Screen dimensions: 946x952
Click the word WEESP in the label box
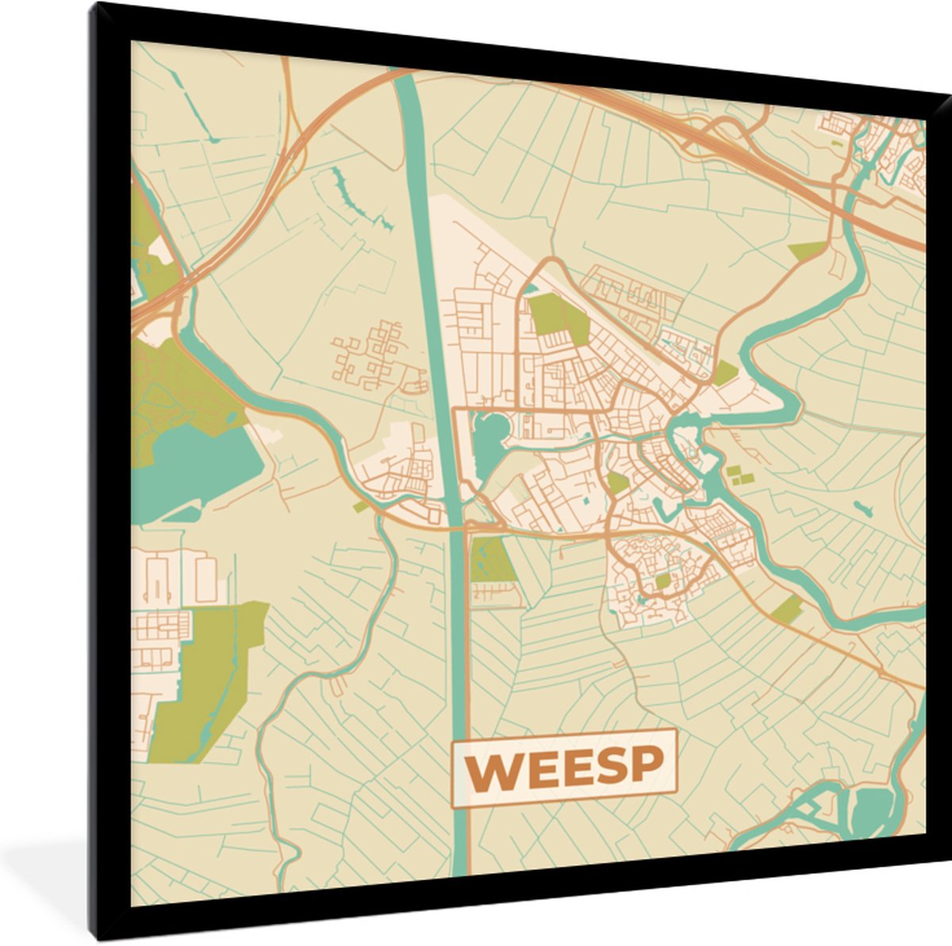(563, 767)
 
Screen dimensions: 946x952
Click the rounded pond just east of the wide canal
(490, 436)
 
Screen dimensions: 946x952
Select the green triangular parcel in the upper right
(808, 251)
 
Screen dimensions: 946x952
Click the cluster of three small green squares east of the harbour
(739, 475)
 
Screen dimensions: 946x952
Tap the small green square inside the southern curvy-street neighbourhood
(662, 581)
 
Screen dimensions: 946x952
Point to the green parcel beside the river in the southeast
(788, 609)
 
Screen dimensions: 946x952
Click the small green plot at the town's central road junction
(618, 482)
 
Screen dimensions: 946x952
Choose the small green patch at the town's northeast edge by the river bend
(724, 372)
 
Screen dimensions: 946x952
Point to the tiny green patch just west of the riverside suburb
(361, 506)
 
